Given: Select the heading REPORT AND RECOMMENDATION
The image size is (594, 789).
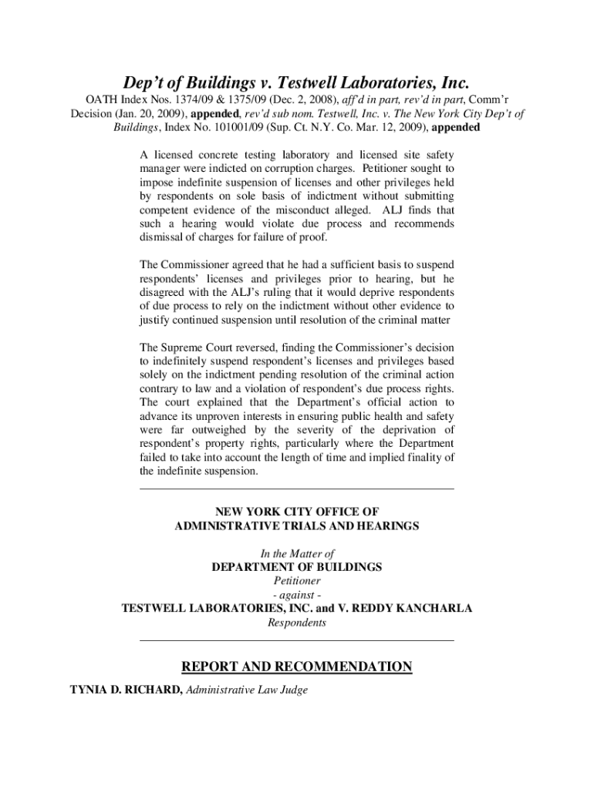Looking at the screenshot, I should click(296, 666).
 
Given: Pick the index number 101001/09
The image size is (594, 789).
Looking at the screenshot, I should click(229, 128).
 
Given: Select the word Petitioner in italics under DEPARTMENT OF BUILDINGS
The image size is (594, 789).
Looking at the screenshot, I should click(297, 581).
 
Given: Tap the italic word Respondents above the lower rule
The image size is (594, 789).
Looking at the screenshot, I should click(297, 623).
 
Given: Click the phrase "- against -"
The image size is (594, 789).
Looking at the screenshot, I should click(297, 595).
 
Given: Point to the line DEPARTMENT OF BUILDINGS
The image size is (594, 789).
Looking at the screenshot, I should click(297, 567).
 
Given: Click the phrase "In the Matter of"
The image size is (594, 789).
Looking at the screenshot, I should click(297, 553).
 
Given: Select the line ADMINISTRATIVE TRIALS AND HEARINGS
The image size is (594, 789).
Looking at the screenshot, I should click(297, 525).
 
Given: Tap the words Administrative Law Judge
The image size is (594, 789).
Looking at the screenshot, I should click(247, 690).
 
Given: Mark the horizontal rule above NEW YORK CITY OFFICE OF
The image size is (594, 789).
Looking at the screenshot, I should click(297, 489).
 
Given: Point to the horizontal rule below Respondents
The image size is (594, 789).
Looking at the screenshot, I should click(297, 640).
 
